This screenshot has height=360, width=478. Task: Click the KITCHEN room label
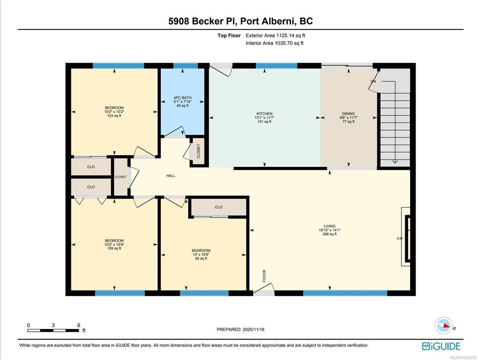264,113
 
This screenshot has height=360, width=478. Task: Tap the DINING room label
349,113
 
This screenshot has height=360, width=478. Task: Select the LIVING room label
330,226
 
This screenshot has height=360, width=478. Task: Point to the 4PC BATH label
182,98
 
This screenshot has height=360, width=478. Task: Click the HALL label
171,176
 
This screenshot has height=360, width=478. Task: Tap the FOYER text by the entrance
264,276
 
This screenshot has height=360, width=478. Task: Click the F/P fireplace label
400,239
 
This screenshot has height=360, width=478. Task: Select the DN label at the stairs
373,82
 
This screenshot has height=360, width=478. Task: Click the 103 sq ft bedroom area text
114,116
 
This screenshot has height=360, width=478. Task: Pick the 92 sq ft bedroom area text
201,259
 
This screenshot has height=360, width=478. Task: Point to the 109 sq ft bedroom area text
114,248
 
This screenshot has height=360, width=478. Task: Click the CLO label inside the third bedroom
219,207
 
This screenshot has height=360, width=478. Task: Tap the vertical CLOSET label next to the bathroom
198,151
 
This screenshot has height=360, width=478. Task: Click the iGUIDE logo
441,346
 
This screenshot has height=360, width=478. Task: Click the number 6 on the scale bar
79,325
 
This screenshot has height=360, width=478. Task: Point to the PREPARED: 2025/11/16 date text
241,330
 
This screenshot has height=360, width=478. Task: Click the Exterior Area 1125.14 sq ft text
275,35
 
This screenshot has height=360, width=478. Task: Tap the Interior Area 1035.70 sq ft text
275,43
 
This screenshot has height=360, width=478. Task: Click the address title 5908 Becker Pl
203,21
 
